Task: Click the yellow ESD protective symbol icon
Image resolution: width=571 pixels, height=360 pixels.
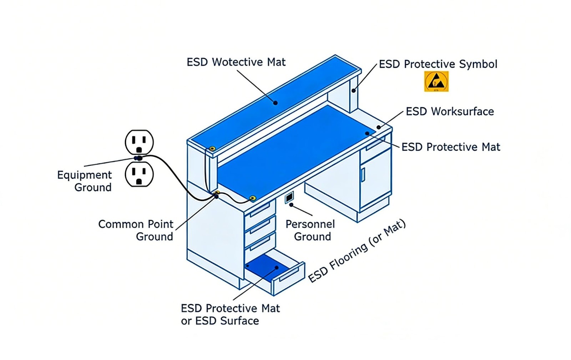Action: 436,81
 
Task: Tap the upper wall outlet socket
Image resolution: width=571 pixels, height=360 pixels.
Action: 139,142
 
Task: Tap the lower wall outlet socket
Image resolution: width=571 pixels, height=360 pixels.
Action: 139,174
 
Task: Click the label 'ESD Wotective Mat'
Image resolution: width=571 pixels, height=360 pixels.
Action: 236,62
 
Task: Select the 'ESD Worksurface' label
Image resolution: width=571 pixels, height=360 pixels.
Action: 450,112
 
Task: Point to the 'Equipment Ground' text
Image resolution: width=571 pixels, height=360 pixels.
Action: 85,181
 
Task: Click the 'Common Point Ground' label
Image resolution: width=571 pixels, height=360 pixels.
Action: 136,230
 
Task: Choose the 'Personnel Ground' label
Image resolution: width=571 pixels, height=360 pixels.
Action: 310,230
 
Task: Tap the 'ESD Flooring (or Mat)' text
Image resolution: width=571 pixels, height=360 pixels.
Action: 357,251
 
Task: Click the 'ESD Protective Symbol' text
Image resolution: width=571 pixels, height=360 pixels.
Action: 438,64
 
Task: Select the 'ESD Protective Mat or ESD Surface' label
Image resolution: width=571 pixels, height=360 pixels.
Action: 231,314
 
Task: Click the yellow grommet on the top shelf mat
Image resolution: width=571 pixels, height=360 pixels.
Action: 212,148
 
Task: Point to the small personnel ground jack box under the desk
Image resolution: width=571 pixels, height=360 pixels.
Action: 289,197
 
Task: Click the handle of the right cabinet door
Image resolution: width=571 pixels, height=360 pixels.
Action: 363,175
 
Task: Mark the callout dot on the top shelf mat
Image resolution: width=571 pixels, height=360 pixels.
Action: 275,103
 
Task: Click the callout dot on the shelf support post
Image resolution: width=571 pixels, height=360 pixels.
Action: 354,91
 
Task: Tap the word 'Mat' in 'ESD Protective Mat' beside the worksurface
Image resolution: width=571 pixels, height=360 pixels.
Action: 491,147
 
